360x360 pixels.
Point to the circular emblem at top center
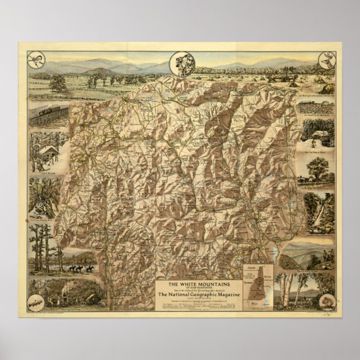(181, 60)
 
